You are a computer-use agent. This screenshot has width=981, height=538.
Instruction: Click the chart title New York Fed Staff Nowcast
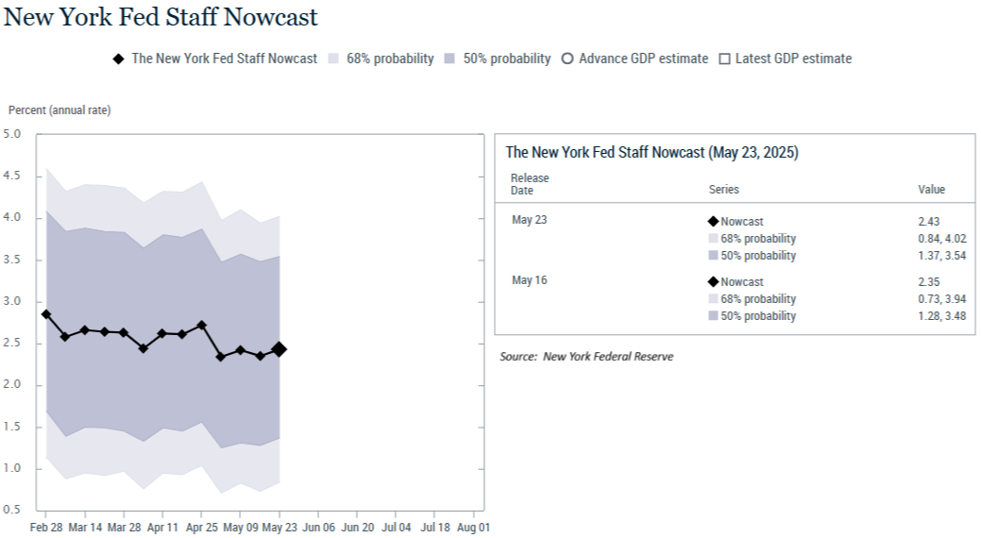[161, 17]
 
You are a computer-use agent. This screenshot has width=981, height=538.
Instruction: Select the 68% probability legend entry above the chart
[381, 59]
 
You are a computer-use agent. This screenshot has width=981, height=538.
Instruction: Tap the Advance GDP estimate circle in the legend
[567, 59]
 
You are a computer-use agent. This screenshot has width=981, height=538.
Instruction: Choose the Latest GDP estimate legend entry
[786, 59]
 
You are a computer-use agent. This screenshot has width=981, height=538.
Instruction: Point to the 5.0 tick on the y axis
[12, 134]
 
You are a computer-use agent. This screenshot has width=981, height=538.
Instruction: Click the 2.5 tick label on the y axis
[12, 343]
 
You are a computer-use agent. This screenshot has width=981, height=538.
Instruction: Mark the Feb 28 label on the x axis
[46, 528]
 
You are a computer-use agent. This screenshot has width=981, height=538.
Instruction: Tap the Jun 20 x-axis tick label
[357, 528]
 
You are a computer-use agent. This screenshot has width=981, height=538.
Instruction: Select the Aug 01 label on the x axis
[474, 528]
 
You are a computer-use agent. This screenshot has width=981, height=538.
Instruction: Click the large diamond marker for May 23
[279, 349]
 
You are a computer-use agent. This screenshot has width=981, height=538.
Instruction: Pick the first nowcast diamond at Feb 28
[46, 314]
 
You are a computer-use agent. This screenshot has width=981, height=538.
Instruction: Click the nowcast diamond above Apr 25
[201, 326]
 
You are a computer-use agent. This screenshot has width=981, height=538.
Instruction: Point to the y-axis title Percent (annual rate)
[59, 110]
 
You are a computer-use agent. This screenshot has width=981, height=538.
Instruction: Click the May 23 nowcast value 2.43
[929, 222]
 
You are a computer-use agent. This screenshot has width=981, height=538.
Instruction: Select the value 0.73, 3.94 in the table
[942, 299]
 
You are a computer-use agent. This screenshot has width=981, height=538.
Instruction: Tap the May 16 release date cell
[530, 280]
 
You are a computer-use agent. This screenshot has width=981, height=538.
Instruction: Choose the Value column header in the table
[932, 190]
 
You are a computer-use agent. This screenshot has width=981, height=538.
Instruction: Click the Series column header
[724, 190]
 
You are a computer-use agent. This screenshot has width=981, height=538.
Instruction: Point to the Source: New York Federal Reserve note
[587, 357]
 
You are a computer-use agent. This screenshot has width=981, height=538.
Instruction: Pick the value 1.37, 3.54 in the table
[942, 255]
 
